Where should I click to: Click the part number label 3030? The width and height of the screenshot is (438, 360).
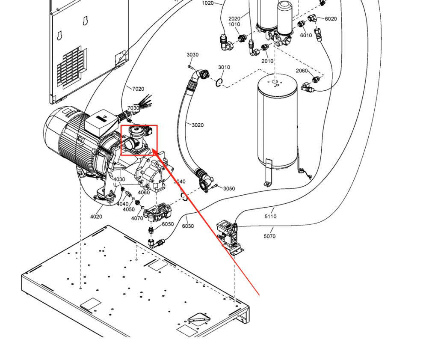click(x=192, y=55)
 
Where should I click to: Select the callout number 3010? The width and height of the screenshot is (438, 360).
click(x=224, y=67)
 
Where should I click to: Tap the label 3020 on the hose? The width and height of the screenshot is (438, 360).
click(x=198, y=125)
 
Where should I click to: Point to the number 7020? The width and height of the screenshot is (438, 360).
click(x=138, y=89)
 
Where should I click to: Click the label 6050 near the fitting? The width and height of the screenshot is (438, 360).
click(x=168, y=224)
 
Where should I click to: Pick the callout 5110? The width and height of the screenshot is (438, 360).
click(x=270, y=217)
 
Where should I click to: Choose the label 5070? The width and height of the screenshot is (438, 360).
click(x=269, y=236)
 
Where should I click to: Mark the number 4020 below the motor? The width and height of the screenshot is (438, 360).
click(x=96, y=217)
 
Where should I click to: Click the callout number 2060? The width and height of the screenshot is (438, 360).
click(x=302, y=71)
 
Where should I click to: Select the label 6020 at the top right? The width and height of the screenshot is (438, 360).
click(x=331, y=19)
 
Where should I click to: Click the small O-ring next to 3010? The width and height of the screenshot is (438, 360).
click(x=219, y=83)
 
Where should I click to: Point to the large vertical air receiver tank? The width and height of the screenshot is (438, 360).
click(x=277, y=124)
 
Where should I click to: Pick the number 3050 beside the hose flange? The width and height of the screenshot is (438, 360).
click(x=229, y=189)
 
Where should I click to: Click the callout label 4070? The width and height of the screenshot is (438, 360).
click(x=137, y=218)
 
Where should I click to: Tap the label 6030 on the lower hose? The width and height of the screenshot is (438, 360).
click(x=188, y=226)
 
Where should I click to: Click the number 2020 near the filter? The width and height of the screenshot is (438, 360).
click(x=234, y=18)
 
